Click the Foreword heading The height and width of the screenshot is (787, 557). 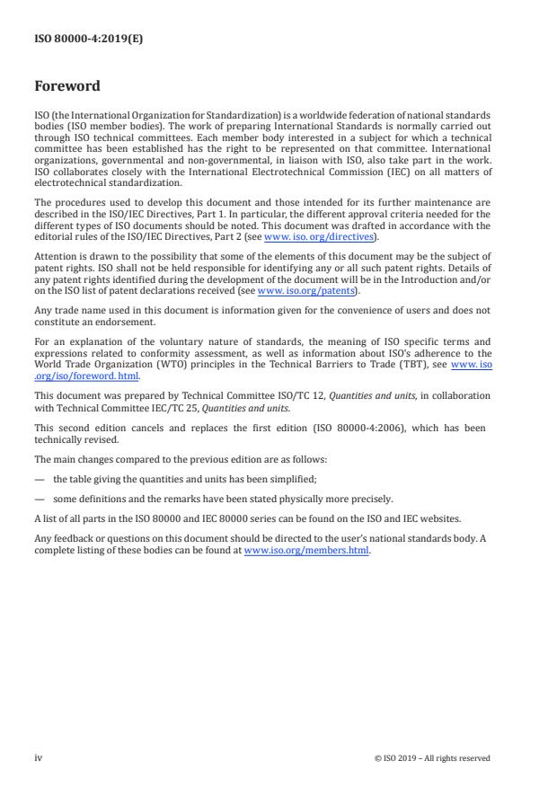(x=67, y=87)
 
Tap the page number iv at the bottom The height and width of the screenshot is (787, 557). (x=39, y=757)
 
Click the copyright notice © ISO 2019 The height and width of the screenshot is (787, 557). (x=432, y=758)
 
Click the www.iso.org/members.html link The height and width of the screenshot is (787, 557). (x=306, y=550)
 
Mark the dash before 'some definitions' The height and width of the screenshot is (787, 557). (x=40, y=499)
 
